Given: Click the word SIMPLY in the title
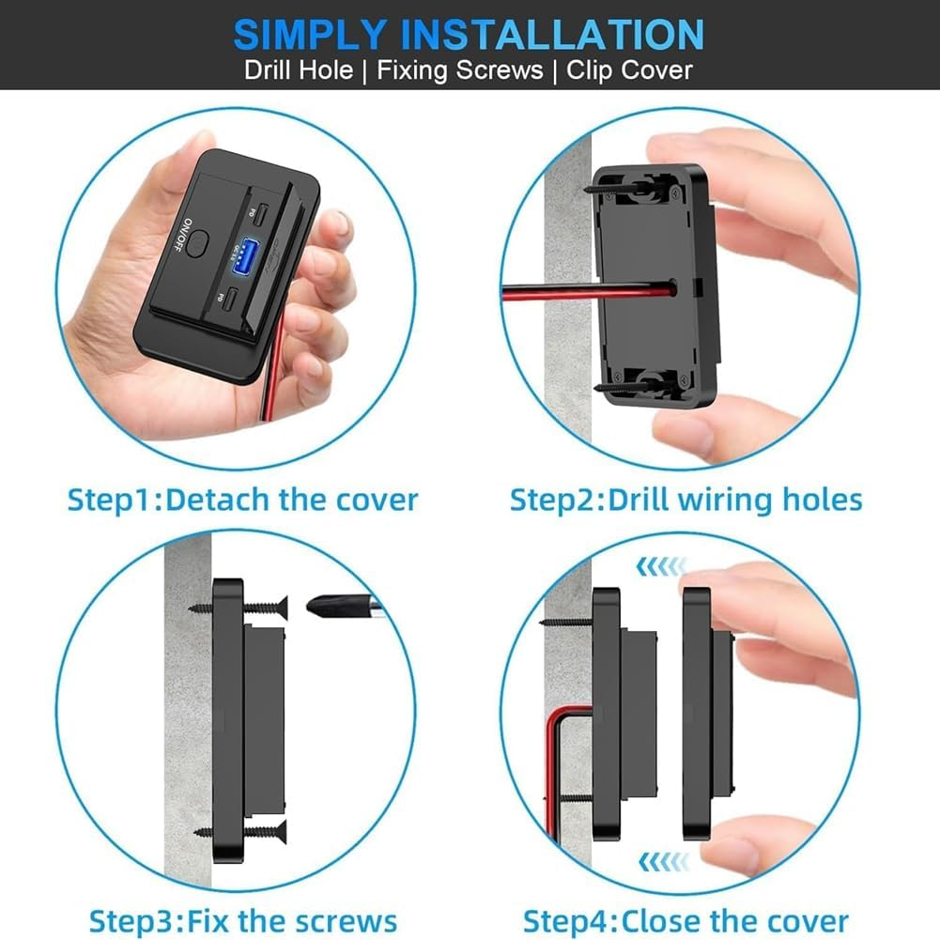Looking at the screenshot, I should [310, 35].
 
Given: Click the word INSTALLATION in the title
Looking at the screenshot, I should [552, 35].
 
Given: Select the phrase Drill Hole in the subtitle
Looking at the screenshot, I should [299, 71].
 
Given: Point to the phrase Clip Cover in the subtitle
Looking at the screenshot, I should [629, 71].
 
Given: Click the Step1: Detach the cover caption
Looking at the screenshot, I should [242, 499].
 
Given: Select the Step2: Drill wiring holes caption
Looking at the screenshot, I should [686, 499].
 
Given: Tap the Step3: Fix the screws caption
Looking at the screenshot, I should [242, 920].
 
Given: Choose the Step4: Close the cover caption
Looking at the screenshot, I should [686, 920].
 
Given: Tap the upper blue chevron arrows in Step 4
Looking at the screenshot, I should [661, 566].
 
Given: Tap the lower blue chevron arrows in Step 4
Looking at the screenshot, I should [662, 860].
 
